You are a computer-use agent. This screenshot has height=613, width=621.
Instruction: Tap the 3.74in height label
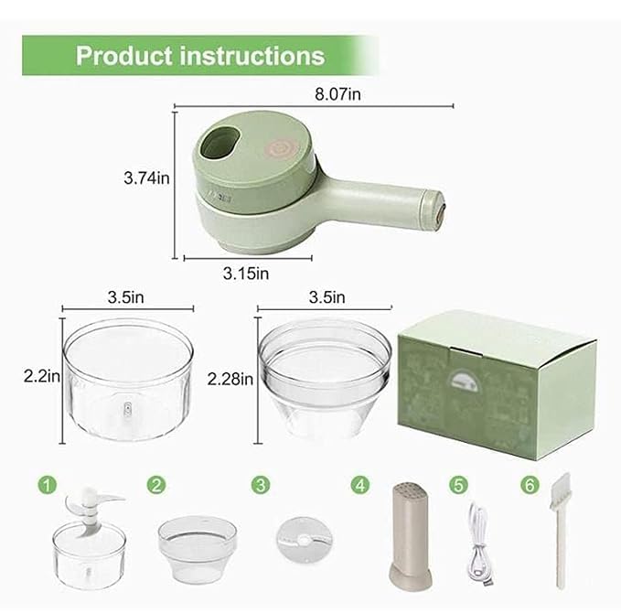146,179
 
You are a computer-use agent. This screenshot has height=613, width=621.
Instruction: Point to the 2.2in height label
42,375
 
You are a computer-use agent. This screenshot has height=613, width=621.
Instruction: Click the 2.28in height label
230,378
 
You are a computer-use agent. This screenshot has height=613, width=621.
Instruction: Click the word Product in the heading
123,56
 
